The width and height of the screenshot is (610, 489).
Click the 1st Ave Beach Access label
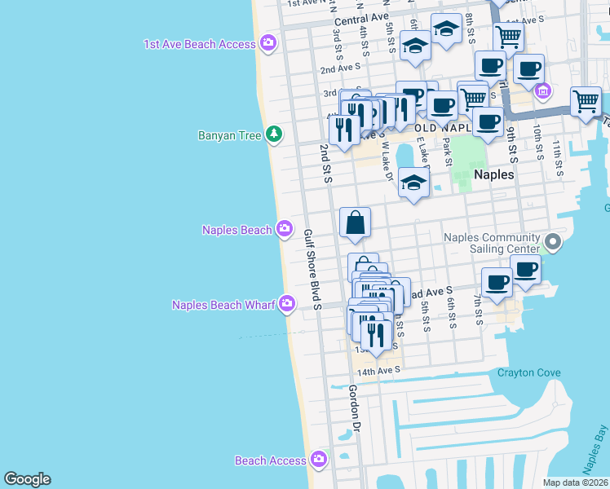point(199,44)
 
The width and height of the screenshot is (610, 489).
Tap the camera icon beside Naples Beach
point(285,229)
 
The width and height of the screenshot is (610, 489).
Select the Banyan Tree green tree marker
point(275,134)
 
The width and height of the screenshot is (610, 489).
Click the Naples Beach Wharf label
point(223,305)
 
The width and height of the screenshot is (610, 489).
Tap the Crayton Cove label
point(529,372)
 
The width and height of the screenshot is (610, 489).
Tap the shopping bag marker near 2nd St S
point(356,222)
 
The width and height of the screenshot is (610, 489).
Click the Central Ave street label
point(361,18)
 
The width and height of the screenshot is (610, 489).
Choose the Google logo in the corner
point(27,479)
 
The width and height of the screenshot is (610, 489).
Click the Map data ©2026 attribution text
point(576,482)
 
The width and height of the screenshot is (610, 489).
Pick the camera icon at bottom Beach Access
point(319,460)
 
